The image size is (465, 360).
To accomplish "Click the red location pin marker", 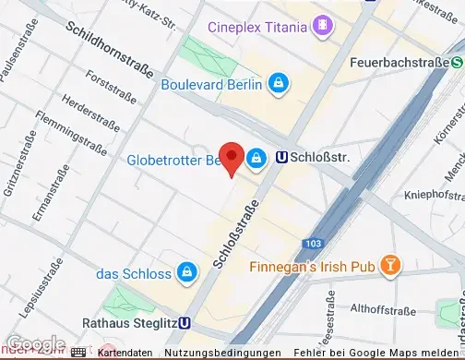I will coord(231,157).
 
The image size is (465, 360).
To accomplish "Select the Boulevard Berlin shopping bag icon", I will coord(278,85).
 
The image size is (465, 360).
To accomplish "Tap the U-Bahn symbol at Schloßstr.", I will coord(281,158).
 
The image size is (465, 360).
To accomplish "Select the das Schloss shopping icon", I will coord(187,273).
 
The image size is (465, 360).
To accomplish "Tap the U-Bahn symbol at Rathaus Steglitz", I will coord(186,323).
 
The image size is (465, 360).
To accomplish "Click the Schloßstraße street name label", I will coord(234,236).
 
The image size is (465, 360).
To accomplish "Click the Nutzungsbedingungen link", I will coord(223,354).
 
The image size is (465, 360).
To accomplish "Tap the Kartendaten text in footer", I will coord(125,354).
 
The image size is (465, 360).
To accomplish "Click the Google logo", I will coord(34,343).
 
